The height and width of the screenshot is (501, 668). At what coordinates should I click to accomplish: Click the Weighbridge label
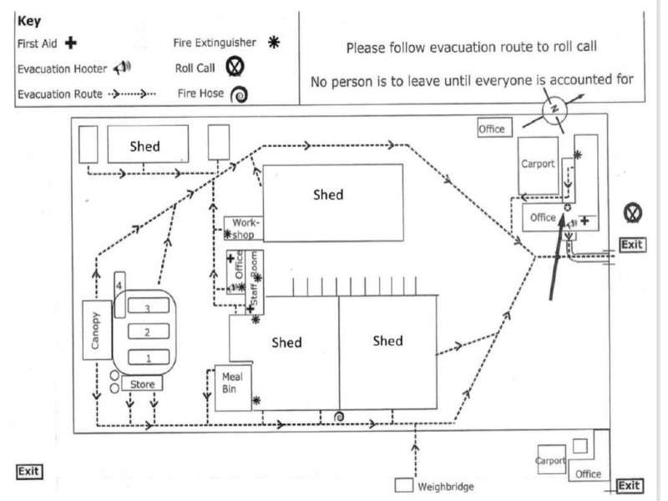[446, 487]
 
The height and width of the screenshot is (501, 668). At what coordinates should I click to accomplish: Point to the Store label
[142, 384]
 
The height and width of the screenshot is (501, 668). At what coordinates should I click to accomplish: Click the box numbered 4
[119, 286]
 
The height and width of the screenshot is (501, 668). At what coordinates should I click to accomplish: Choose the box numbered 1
[148, 358]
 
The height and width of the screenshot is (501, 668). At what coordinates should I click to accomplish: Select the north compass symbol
[552, 109]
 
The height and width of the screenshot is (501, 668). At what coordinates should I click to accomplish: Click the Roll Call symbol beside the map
[633, 213]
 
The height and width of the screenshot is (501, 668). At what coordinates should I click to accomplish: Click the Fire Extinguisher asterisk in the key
[271, 40]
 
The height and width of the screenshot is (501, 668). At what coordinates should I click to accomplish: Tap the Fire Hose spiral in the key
[239, 94]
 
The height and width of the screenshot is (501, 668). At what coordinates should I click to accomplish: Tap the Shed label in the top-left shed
[144, 146]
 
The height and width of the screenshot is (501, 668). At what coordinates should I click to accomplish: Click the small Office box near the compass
[492, 129]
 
